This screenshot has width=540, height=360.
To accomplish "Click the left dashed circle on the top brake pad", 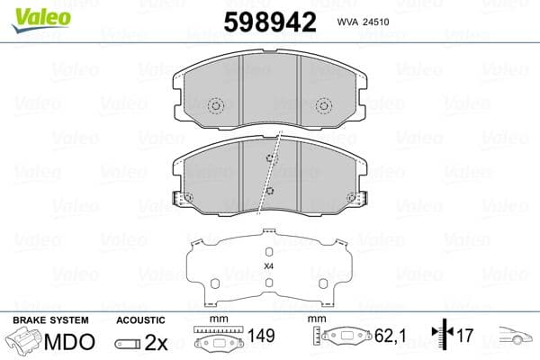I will (216, 106).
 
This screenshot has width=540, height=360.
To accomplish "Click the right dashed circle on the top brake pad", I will (323, 106).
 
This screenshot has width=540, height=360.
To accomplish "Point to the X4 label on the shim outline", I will (268, 265).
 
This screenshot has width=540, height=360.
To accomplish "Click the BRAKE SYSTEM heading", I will (49, 320).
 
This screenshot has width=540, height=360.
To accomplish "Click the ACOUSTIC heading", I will (140, 320).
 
